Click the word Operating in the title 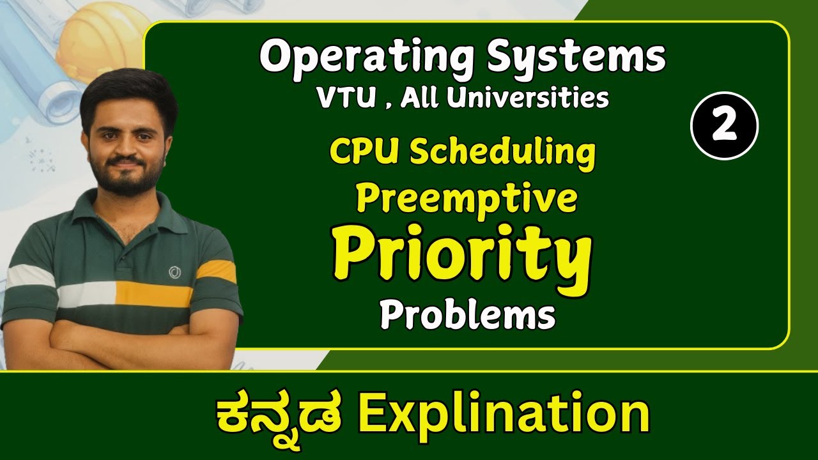(366, 57)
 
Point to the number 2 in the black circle (724, 126)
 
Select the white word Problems (467, 315)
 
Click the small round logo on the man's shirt (174, 273)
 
